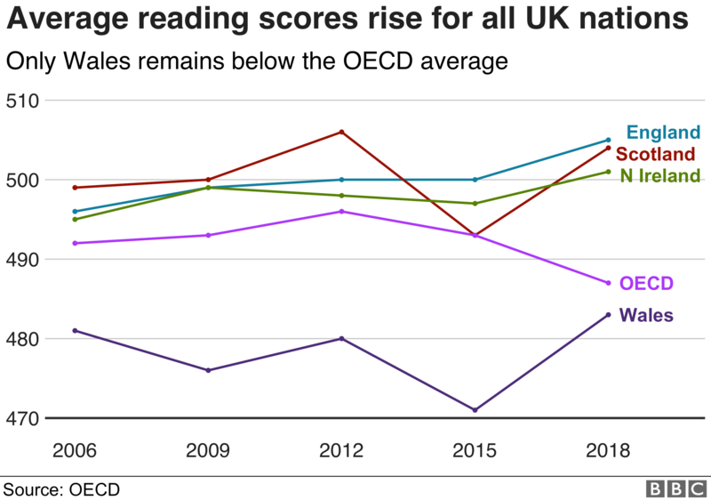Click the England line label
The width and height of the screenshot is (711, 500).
tap(663, 133)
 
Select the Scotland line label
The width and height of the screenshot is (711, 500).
tap(656, 154)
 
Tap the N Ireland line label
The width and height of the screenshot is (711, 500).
tap(659, 175)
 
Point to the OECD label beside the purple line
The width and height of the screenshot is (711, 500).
tap(646, 284)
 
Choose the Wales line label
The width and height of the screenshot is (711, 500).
tap(646, 315)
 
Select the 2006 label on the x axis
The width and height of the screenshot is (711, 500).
tap(76, 450)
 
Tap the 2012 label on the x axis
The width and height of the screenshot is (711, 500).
tap(342, 450)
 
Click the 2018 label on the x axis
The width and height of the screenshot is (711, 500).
tap(608, 450)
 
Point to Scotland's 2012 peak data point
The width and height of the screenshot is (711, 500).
tap(342, 132)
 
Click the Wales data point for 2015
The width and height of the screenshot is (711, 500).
tap(475, 410)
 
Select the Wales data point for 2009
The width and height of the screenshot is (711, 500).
tap(209, 370)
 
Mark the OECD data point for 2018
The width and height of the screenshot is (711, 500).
tap(608, 283)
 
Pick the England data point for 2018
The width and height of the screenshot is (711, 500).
tap(608, 140)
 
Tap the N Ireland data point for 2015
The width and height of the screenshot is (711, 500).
tap(475, 204)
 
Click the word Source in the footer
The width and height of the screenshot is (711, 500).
tap(32, 488)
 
